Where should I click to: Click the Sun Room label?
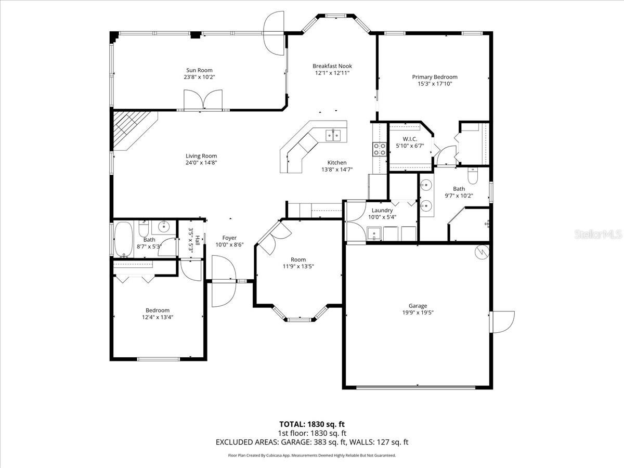pos(199,70)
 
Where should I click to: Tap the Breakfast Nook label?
pos(332,66)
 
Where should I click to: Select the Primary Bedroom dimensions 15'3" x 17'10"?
pos(435,84)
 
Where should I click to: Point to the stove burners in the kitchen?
pos(380,149)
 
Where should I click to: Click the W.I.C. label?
pos(410,139)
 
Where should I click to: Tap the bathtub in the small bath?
pos(123,239)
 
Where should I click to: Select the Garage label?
pos(418,306)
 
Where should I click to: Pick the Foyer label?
pos(229,238)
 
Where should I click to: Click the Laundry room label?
pos(382,210)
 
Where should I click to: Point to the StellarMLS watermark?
pos(597,235)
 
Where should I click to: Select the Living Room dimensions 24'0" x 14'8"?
pos(201,163)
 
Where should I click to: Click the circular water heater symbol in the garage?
pos(482,252)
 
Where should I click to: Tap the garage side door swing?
pos(503,322)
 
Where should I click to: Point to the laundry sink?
pos(374,234)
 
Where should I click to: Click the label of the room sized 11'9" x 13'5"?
pos(298,259)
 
